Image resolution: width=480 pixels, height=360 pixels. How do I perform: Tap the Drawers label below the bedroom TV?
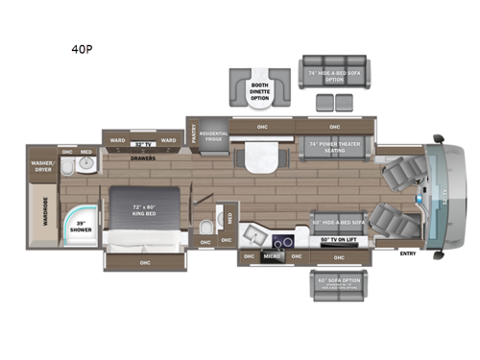click(142, 159)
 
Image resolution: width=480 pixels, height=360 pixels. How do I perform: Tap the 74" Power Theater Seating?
click(333, 146)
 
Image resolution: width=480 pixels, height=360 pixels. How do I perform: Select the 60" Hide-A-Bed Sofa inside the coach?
click(337, 223)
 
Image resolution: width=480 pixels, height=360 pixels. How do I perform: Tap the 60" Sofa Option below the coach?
click(338, 282)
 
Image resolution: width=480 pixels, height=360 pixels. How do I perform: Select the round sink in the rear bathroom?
click(67, 166)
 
